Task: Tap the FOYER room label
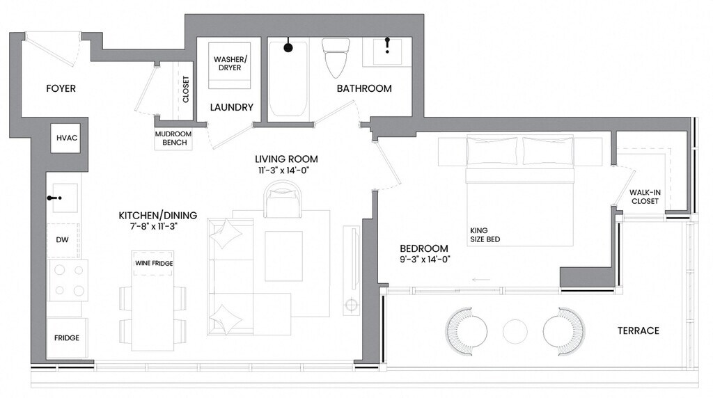pyautogui.click(x=61, y=88)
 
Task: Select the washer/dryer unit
pyautogui.click(x=230, y=65)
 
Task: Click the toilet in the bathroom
pyautogui.click(x=336, y=58)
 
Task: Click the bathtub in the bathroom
pyautogui.click(x=288, y=77)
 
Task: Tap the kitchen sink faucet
pyautogui.click(x=54, y=198)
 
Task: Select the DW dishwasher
pyautogui.click(x=63, y=240)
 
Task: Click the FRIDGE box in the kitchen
pyautogui.click(x=67, y=338)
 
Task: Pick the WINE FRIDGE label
pyautogui.click(x=154, y=263)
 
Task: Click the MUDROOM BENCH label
pyautogui.click(x=173, y=138)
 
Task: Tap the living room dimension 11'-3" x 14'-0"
pyautogui.click(x=286, y=171)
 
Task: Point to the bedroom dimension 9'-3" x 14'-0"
pyautogui.click(x=425, y=260)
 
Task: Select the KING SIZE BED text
pyautogui.click(x=485, y=235)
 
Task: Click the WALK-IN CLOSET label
pyautogui.click(x=645, y=197)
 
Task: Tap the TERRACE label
pyautogui.click(x=638, y=331)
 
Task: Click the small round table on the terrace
pyautogui.click(x=515, y=331)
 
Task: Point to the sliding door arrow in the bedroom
pyautogui.click(x=481, y=280)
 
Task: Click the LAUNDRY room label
pyautogui.click(x=231, y=107)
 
